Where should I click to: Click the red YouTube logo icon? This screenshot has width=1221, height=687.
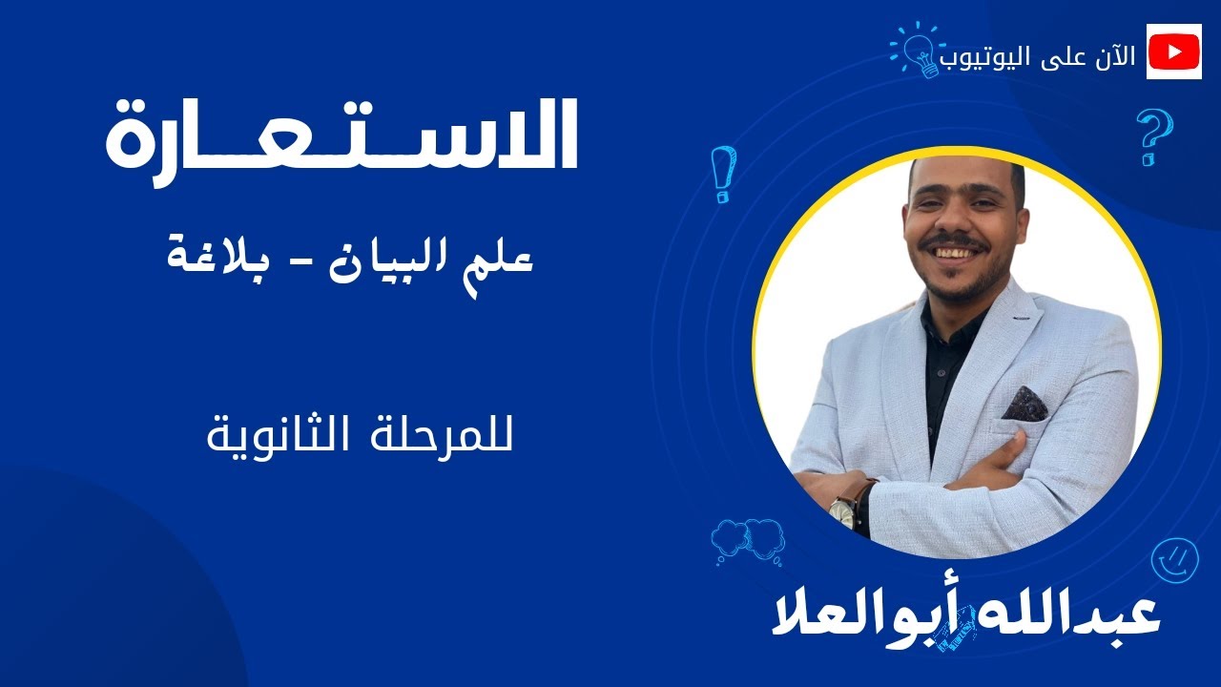click(x=1174, y=52)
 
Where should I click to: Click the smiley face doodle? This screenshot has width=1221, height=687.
click(x=1174, y=560)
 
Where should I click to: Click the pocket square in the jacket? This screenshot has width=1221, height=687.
click(x=1024, y=404)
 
